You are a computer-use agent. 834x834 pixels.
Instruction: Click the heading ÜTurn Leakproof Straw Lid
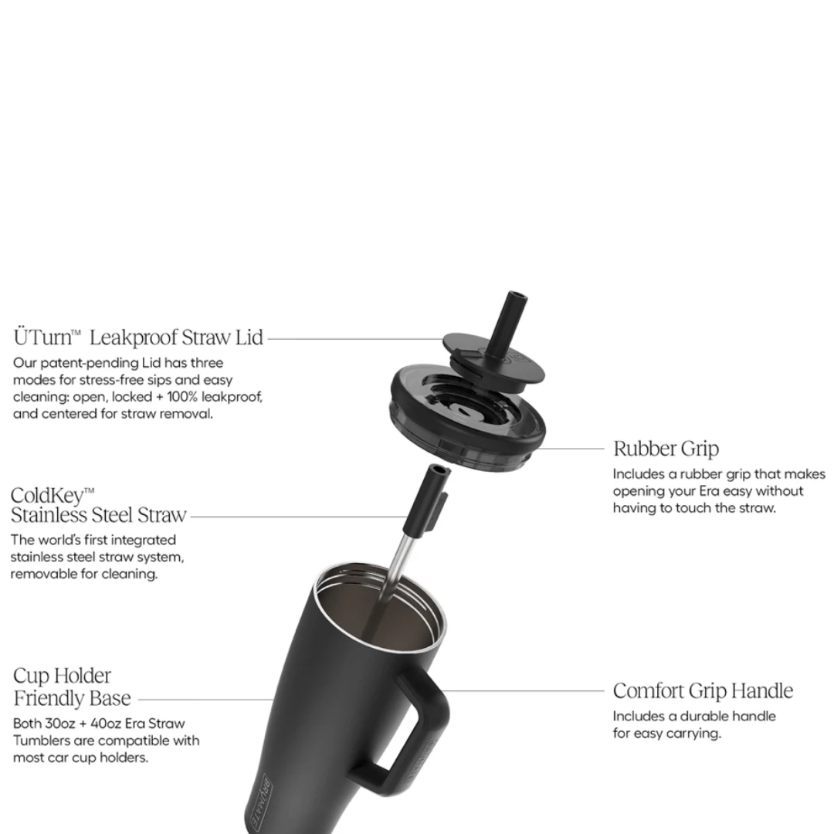click(138, 337)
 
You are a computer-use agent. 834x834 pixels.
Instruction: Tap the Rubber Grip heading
click(666, 449)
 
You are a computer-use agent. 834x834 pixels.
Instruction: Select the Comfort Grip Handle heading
click(703, 691)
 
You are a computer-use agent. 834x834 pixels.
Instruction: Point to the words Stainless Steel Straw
click(98, 515)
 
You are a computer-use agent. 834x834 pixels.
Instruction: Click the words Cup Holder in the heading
click(63, 676)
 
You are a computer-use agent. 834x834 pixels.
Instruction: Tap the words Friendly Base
click(72, 698)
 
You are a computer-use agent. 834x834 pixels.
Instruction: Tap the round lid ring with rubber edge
click(468, 420)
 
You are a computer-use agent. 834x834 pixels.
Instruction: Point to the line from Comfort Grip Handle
click(524, 691)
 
